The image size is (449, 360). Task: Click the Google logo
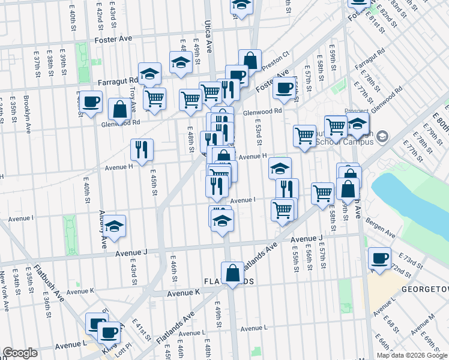[20, 353]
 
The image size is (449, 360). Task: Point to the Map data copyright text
[412, 355]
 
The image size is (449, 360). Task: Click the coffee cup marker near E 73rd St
[379, 259]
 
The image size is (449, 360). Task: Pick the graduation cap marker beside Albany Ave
[115, 226]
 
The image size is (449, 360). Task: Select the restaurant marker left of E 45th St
[142, 150]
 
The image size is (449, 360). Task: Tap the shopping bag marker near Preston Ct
[250, 61]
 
